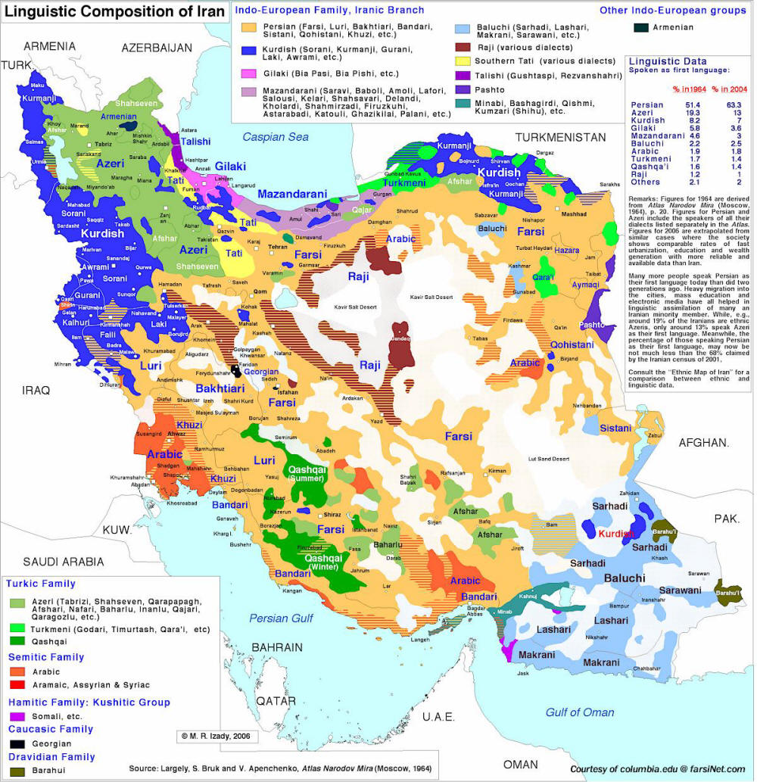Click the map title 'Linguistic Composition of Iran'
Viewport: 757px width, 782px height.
116,11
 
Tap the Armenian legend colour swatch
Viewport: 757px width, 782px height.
641,27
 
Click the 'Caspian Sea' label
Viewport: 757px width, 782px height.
276,137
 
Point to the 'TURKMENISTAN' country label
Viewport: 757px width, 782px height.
560,137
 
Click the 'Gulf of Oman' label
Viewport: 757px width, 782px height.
580,712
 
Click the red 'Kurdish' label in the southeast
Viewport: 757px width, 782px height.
615,534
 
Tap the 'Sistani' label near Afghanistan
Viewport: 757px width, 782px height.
615,428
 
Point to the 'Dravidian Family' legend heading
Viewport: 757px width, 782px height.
51,756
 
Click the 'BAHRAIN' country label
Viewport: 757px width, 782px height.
277,647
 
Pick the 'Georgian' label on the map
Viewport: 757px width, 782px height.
260,372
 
